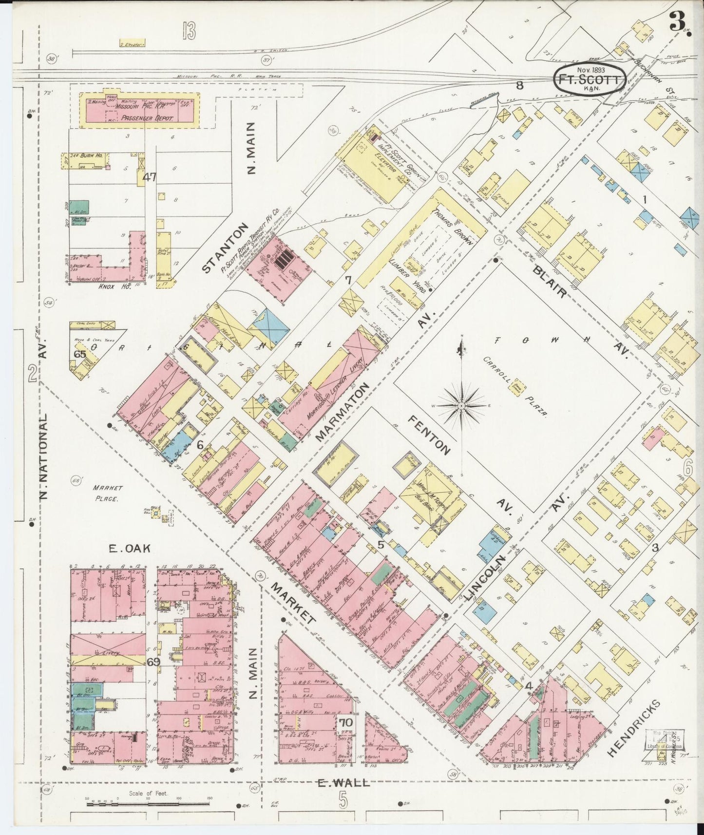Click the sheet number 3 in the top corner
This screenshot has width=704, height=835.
point(675,21)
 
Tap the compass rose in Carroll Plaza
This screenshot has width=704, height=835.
point(461,405)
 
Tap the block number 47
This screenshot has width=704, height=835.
point(149,177)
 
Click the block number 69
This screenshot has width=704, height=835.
point(153,662)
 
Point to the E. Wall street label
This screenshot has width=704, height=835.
point(343,783)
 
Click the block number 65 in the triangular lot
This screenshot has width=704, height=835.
point(80,354)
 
